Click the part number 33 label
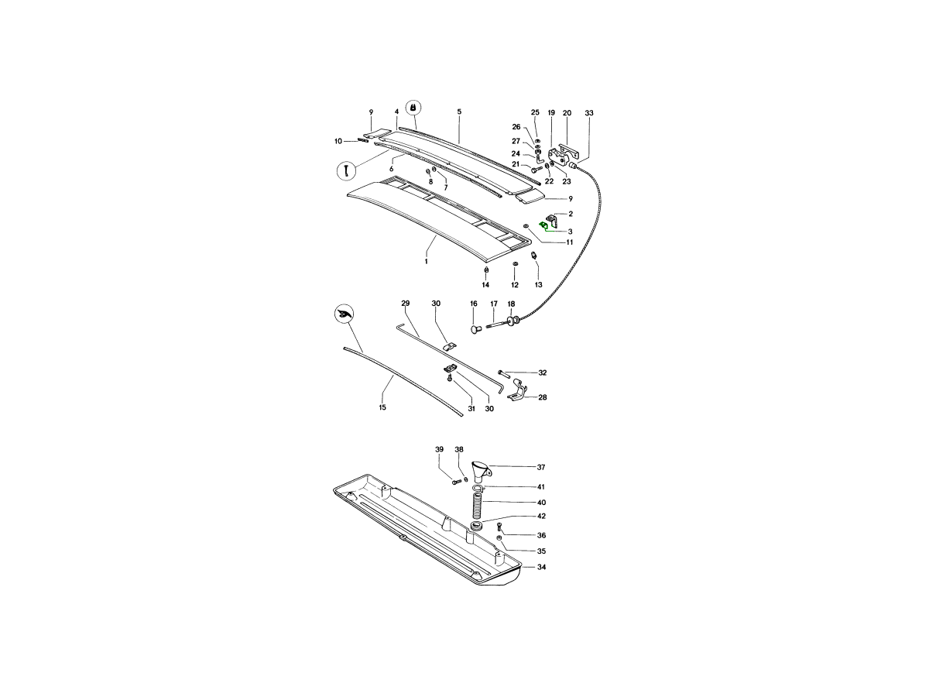click(x=588, y=113)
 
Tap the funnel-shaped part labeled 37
click(x=482, y=471)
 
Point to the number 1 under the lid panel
click(x=427, y=262)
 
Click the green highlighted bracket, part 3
click(x=543, y=225)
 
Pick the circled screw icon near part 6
click(x=346, y=171)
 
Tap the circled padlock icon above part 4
click(x=413, y=108)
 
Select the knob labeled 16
click(x=475, y=329)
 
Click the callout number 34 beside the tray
click(x=541, y=567)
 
